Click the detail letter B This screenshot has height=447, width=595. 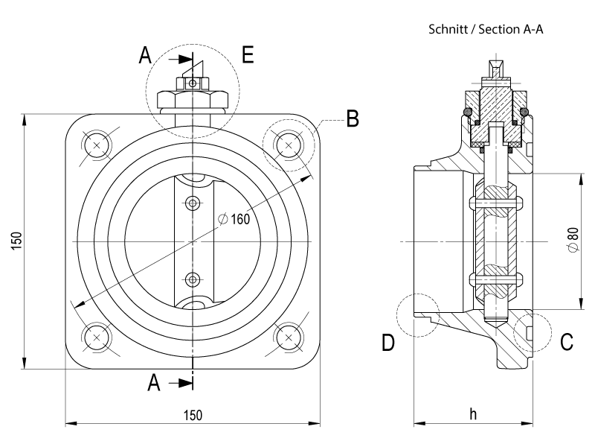tap(353, 118)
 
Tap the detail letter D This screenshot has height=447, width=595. tap(387, 343)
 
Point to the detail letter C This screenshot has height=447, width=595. tap(567, 342)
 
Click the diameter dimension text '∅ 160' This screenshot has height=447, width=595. tap(234, 219)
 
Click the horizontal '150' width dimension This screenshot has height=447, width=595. tap(192, 414)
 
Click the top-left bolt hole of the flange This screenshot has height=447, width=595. tap(97, 144)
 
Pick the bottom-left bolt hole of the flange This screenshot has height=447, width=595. tap(97, 337)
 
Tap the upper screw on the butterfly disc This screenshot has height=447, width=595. tap(193, 202)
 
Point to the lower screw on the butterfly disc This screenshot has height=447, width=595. tap(193, 279)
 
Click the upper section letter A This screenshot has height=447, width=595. tap(145, 55)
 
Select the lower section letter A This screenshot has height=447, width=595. tap(154, 383)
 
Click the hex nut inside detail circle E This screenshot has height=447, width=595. tap(193, 100)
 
